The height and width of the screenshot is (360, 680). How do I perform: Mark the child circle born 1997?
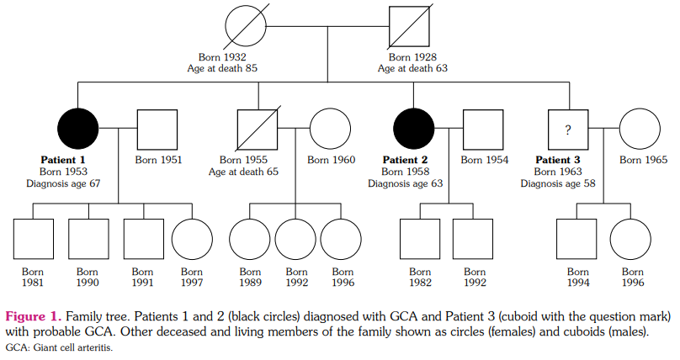[193, 239]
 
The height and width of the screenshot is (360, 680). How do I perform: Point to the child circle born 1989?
[250, 239]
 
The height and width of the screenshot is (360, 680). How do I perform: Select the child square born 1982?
[420, 239]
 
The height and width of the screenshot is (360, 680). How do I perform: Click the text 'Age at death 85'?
[222, 68]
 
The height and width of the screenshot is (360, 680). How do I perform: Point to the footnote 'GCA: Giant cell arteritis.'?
[59, 347]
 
